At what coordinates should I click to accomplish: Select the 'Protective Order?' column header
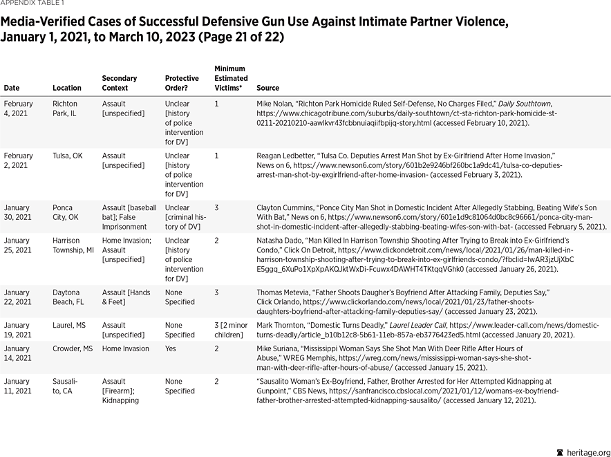tap(182, 83)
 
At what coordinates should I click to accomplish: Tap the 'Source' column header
tap(267, 88)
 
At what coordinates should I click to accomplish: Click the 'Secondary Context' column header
tap(120, 83)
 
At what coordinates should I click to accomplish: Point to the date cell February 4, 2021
tap(18, 109)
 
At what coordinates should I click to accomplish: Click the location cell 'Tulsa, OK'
tap(67, 156)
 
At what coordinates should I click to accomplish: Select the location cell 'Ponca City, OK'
tap(66, 212)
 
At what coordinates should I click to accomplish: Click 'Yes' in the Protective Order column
tap(171, 349)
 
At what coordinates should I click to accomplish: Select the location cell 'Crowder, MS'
tap(72, 349)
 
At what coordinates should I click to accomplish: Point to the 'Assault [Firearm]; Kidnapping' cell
tap(120, 391)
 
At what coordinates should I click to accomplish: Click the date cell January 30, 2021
tap(18, 212)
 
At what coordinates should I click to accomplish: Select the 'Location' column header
tap(67, 88)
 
